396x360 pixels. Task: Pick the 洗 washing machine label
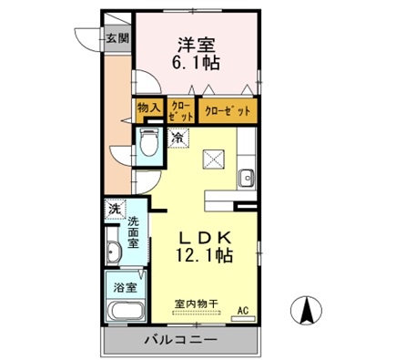point(114,210)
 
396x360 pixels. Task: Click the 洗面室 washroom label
point(134,232)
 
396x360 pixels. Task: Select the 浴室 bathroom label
point(124,284)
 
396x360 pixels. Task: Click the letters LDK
point(206,236)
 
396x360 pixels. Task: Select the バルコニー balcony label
point(178,341)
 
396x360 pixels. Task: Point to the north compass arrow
point(308,312)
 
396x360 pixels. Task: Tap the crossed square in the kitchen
point(213,160)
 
